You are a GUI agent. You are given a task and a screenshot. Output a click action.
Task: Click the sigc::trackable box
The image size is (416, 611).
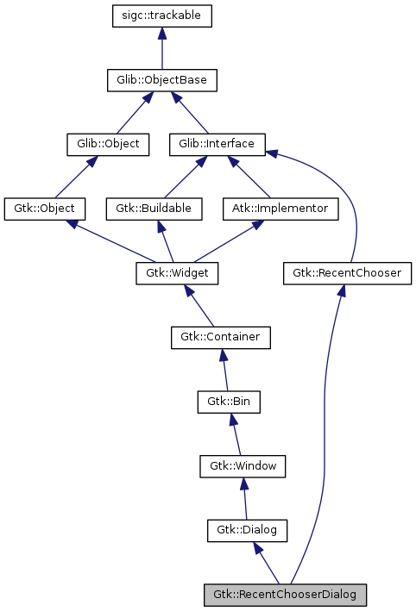(x=162, y=16)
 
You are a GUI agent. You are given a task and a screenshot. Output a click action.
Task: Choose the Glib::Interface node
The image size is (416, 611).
(x=217, y=144)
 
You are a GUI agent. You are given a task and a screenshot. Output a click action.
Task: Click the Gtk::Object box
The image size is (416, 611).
(x=45, y=209)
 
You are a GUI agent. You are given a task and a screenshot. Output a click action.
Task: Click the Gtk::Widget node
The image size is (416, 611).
(x=177, y=273)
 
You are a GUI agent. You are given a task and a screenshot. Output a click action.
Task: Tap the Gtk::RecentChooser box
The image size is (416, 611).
(x=347, y=273)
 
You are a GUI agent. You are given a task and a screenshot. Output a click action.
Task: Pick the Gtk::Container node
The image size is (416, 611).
(x=220, y=337)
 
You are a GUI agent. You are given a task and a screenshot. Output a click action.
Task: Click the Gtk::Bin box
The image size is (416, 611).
(x=229, y=402)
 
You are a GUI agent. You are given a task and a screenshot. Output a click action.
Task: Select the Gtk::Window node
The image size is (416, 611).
(x=243, y=465)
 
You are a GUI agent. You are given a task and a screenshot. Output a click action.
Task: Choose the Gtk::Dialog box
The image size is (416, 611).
(x=247, y=530)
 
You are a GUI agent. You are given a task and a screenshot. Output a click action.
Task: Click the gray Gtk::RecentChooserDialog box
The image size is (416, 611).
(x=285, y=594)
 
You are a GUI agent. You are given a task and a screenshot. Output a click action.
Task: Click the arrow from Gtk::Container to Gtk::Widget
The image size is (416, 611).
(x=200, y=306)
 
